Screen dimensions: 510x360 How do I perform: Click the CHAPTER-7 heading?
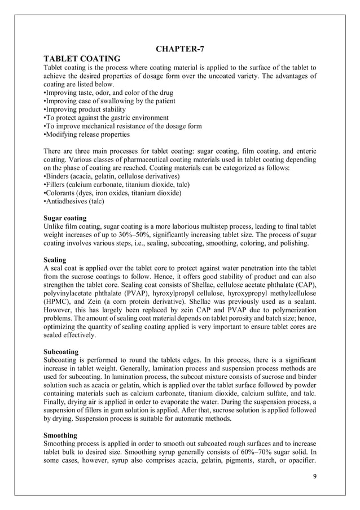point(180,48)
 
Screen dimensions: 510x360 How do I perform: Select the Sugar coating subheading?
point(65,217)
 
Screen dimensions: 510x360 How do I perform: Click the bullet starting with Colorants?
point(112,193)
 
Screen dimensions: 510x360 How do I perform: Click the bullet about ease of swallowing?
point(109,101)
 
